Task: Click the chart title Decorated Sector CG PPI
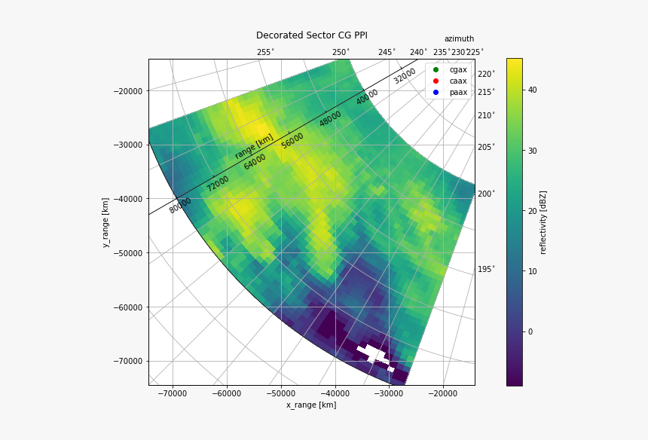pos(311,35)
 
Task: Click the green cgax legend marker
pos(436,70)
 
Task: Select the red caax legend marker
pos(436,81)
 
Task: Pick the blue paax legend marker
pos(436,93)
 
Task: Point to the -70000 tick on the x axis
pos(173,393)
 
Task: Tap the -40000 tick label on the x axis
pos(335,393)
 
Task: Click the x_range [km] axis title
pos(311,405)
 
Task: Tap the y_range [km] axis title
pos(106,222)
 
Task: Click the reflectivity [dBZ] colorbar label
pos(543,222)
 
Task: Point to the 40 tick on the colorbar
pos(532,90)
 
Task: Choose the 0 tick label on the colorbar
pos(530,332)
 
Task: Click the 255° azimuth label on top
pos(265,52)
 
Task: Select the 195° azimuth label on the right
pos(486,269)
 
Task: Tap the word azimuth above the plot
pos(459,39)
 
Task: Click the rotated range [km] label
pos(254,146)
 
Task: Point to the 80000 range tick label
pos(180,205)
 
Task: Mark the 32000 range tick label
pos(405,76)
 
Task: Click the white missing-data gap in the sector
pos(371,353)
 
